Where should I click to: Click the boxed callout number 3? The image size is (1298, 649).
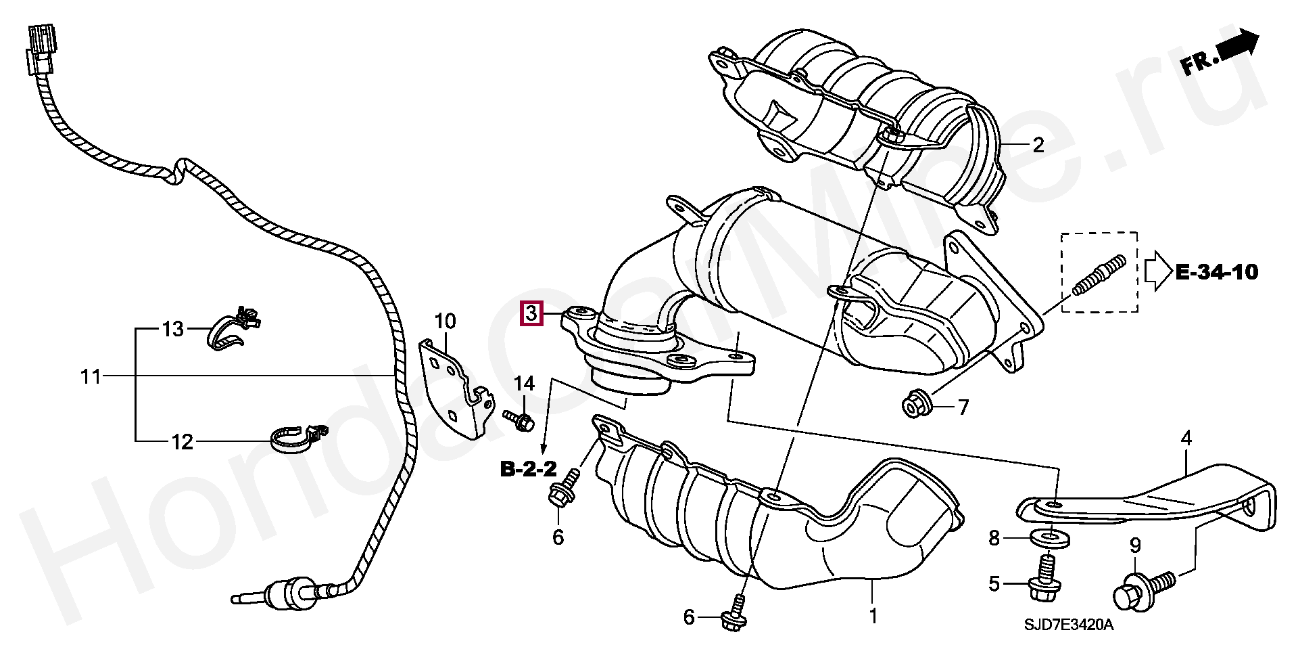tap(531, 314)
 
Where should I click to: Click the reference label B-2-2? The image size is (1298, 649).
tap(529, 468)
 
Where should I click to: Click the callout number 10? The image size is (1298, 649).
tap(446, 321)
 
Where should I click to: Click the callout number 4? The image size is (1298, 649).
tap(1186, 439)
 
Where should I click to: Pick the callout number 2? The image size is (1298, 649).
tap(1037, 144)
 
